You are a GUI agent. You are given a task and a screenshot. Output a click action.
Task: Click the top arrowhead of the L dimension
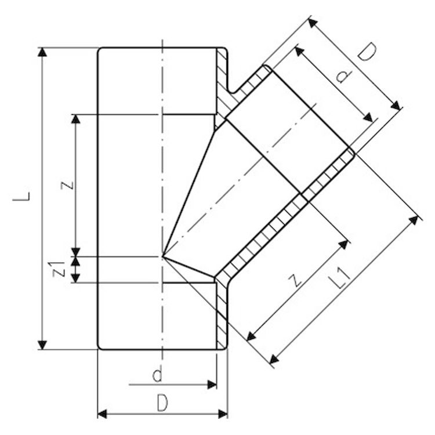click(x=42, y=52)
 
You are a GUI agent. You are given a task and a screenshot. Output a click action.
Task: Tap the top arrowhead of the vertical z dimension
click(x=75, y=118)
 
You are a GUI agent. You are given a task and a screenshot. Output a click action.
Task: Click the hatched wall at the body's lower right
click(x=222, y=313)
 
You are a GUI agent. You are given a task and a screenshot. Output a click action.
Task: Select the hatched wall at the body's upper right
click(x=222, y=81)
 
